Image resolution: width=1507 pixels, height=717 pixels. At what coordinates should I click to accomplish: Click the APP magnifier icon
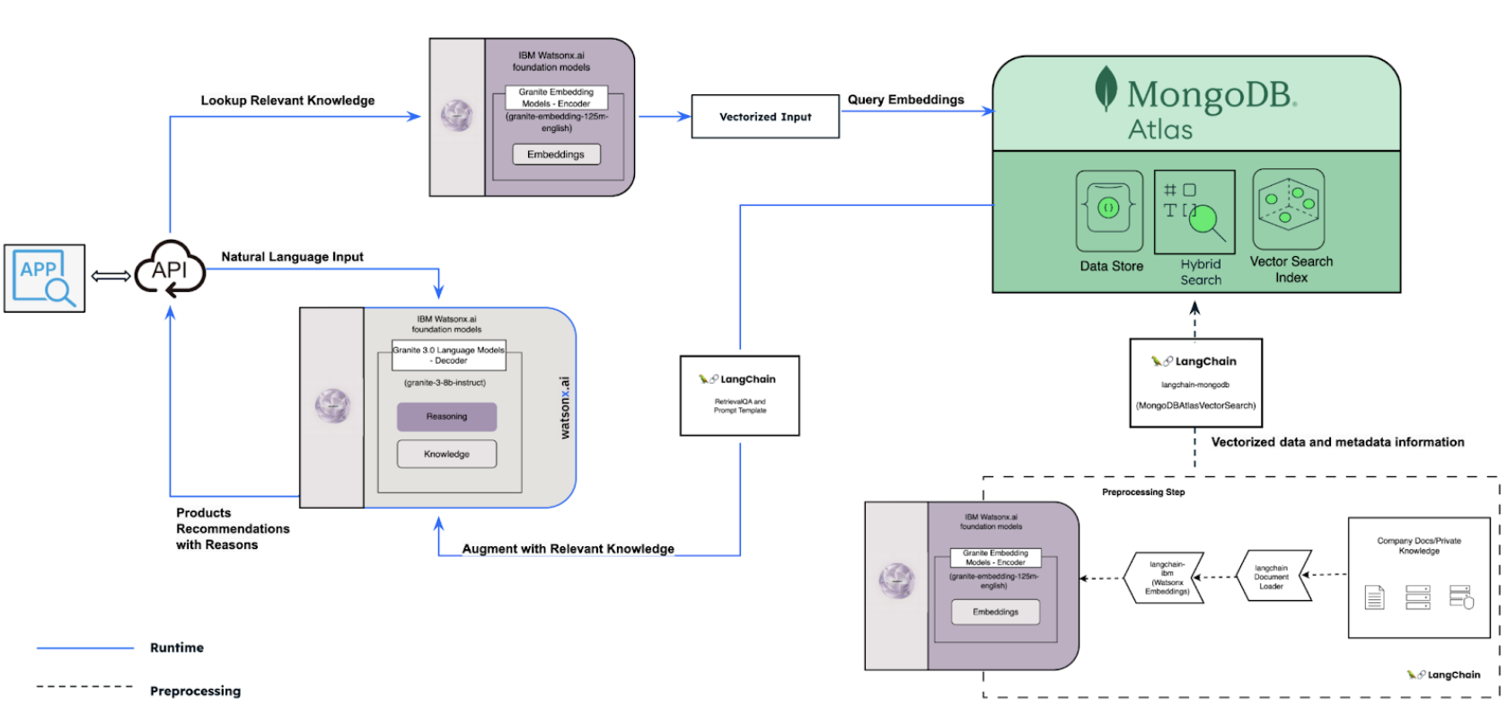44,279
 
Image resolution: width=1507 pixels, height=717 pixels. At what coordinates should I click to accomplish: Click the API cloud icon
170,270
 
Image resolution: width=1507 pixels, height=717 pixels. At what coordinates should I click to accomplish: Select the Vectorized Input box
764,117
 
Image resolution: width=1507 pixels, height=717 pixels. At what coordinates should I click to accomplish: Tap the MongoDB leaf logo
1106,90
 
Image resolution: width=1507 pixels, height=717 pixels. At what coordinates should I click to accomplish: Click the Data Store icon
1109,210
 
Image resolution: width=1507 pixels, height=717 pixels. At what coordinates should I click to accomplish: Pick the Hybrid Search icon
1194,212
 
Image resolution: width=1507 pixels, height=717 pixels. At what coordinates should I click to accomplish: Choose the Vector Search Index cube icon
1288,208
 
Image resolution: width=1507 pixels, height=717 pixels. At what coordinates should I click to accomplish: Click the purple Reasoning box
446,417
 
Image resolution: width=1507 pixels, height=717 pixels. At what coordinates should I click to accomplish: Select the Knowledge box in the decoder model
446,455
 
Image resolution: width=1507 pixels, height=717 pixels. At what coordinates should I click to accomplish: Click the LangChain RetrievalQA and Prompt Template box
739,396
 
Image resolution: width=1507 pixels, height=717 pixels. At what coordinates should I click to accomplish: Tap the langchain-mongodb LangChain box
1195,383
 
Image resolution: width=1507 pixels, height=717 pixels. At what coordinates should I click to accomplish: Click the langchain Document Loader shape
1272,577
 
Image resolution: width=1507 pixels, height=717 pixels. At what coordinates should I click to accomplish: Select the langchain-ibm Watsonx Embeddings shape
1166,578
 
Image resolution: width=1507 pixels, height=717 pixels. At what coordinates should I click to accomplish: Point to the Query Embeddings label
905,100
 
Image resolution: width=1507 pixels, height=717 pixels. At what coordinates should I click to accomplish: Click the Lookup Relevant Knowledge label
287,101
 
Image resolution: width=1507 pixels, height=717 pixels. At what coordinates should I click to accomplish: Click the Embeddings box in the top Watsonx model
556,155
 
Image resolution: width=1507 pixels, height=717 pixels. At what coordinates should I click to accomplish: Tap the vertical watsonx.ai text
565,408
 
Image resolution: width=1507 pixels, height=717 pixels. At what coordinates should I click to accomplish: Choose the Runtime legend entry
176,648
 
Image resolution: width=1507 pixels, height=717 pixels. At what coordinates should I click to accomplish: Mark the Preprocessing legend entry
195,691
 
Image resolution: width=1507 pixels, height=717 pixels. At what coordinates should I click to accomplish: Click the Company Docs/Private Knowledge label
1418,545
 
